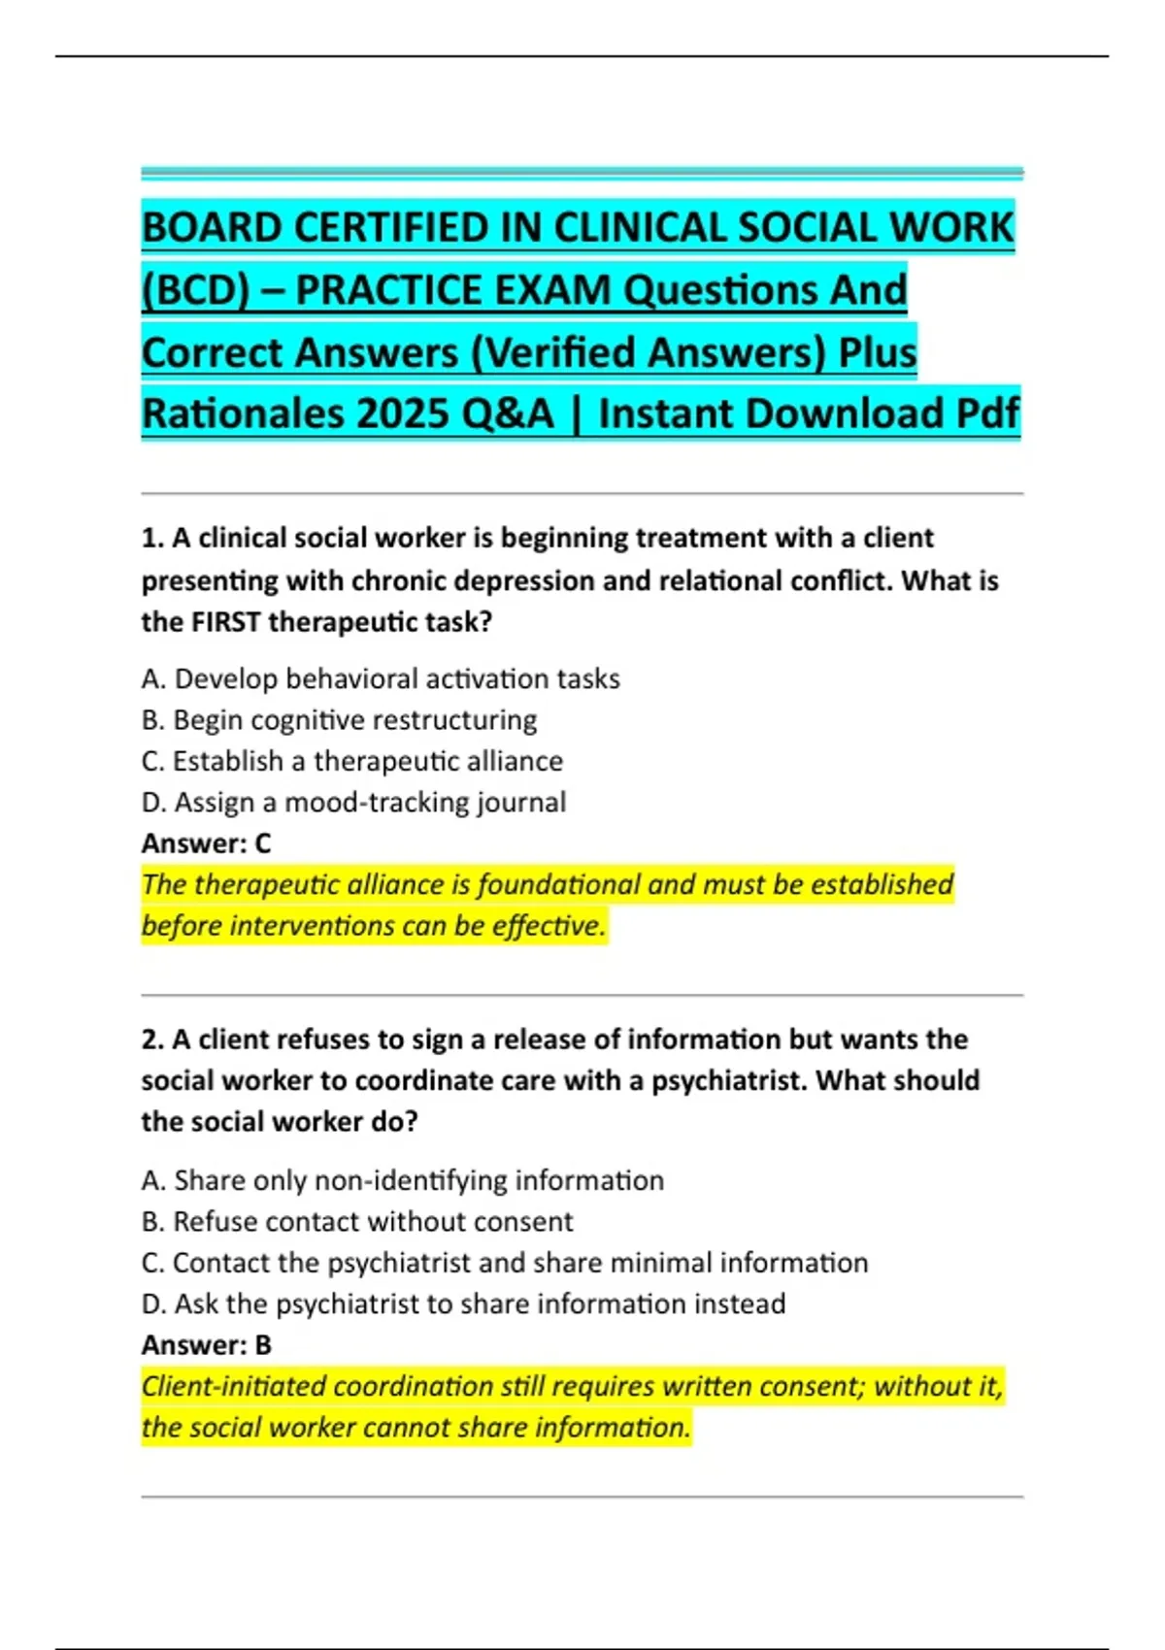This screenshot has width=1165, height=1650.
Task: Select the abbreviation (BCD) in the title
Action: pos(195,290)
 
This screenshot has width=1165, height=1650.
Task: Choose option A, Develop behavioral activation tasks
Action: pos(381,678)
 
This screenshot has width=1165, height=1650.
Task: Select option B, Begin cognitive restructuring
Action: pos(339,720)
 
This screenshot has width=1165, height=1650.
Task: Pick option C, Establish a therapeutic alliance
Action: pos(351,761)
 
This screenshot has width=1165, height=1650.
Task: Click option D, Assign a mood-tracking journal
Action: pos(353,803)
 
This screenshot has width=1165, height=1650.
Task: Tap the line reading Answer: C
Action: pos(207,843)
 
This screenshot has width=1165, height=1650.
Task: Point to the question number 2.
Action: pos(151,1039)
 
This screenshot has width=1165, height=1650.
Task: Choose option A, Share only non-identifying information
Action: pos(403,1180)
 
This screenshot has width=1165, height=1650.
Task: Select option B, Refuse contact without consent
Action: pos(357,1222)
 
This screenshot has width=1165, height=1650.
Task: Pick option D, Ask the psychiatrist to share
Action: pos(463,1303)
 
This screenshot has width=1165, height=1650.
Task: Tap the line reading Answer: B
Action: pos(207,1345)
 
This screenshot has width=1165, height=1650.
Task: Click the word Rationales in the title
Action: pos(243,413)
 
